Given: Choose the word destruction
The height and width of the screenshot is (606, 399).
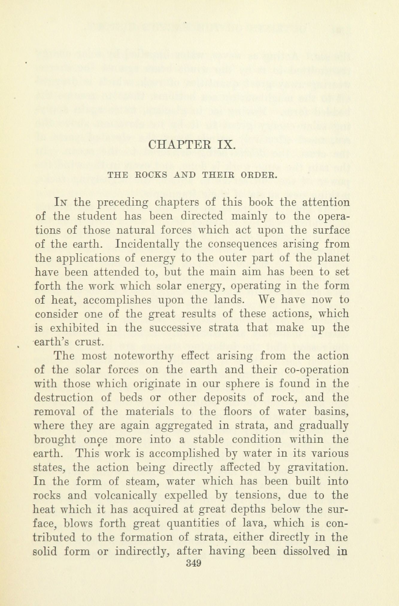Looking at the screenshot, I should pos(64,398).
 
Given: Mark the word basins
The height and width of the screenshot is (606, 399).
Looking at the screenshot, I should pos(332,412).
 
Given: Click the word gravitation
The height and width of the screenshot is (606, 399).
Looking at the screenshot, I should pos(318,467).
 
